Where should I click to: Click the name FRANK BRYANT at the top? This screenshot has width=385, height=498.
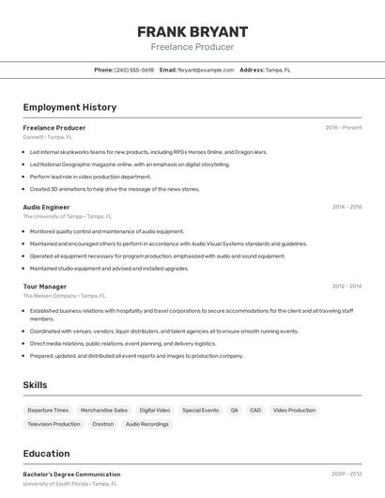point(192,31)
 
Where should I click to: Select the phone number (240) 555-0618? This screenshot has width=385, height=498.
point(134,70)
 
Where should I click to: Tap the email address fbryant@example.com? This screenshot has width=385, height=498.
point(206,70)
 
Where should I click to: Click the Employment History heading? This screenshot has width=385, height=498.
point(69,107)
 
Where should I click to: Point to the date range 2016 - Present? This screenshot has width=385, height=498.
point(344,128)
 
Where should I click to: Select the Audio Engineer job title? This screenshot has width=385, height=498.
point(46,207)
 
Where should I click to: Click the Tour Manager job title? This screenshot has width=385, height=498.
point(44,287)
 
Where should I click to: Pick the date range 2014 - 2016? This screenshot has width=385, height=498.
point(346,207)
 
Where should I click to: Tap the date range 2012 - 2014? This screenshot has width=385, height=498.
point(346,287)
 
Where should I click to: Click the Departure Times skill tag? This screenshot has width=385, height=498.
point(48,411)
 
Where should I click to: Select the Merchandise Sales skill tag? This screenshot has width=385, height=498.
point(104,411)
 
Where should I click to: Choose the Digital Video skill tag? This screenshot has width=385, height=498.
point(155,411)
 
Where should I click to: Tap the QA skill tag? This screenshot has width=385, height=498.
point(234,411)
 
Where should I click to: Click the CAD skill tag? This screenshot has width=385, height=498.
point(255,411)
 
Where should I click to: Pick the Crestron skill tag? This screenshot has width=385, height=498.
point(102,425)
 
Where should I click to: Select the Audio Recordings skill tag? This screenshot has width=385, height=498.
point(147,425)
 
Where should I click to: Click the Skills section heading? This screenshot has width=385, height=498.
point(35,385)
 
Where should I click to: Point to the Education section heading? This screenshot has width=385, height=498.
point(46,453)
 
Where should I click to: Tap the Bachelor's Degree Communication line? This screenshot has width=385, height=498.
point(71,475)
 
